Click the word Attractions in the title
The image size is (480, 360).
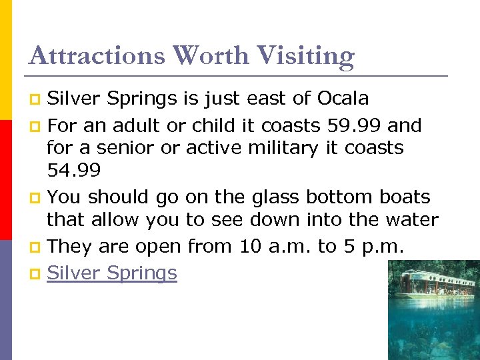coord(96,55)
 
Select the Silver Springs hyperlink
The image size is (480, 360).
coord(112,273)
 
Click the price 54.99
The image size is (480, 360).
coord(74,171)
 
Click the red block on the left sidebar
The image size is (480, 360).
coord(5,166)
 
